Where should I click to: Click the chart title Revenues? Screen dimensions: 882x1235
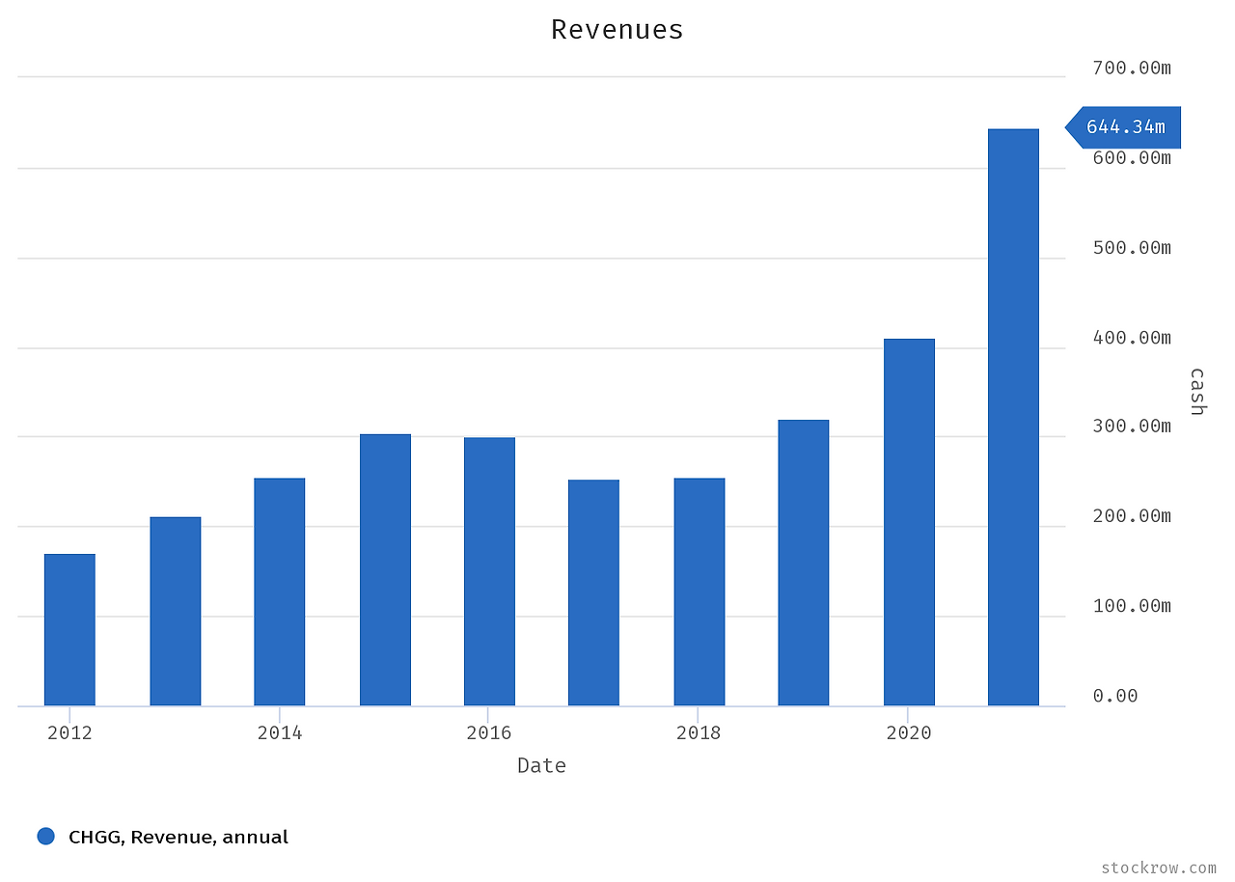click(x=617, y=30)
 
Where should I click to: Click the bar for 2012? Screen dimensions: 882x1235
click(x=69, y=629)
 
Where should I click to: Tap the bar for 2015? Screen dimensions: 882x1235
click(x=385, y=569)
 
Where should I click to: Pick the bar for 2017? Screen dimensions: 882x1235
click(x=593, y=593)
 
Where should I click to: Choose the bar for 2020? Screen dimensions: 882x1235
click(x=909, y=522)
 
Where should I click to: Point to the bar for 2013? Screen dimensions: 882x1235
click(x=176, y=611)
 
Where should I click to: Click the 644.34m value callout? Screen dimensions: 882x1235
click(x=1125, y=127)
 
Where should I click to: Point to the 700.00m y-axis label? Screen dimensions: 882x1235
click(x=1131, y=69)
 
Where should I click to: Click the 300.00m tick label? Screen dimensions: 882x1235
click(x=1131, y=427)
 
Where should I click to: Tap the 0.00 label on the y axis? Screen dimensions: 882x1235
click(x=1115, y=696)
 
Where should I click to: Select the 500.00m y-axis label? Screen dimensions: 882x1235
click(x=1131, y=248)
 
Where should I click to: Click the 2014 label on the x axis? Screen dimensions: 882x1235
click(x=279, y=733)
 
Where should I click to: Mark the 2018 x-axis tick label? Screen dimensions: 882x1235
click(x=698, y=733)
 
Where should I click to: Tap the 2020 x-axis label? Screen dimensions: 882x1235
click(x=908, y=733)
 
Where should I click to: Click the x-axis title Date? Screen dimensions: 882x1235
click(x=541, y=766)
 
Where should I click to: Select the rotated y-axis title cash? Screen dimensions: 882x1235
click(x=1196, y=391)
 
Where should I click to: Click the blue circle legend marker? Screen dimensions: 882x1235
click(x=45, y=837)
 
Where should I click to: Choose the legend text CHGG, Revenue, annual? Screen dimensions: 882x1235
click(x=178, y=838)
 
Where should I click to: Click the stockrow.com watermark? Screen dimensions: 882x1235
click(x=1158, y=868)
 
